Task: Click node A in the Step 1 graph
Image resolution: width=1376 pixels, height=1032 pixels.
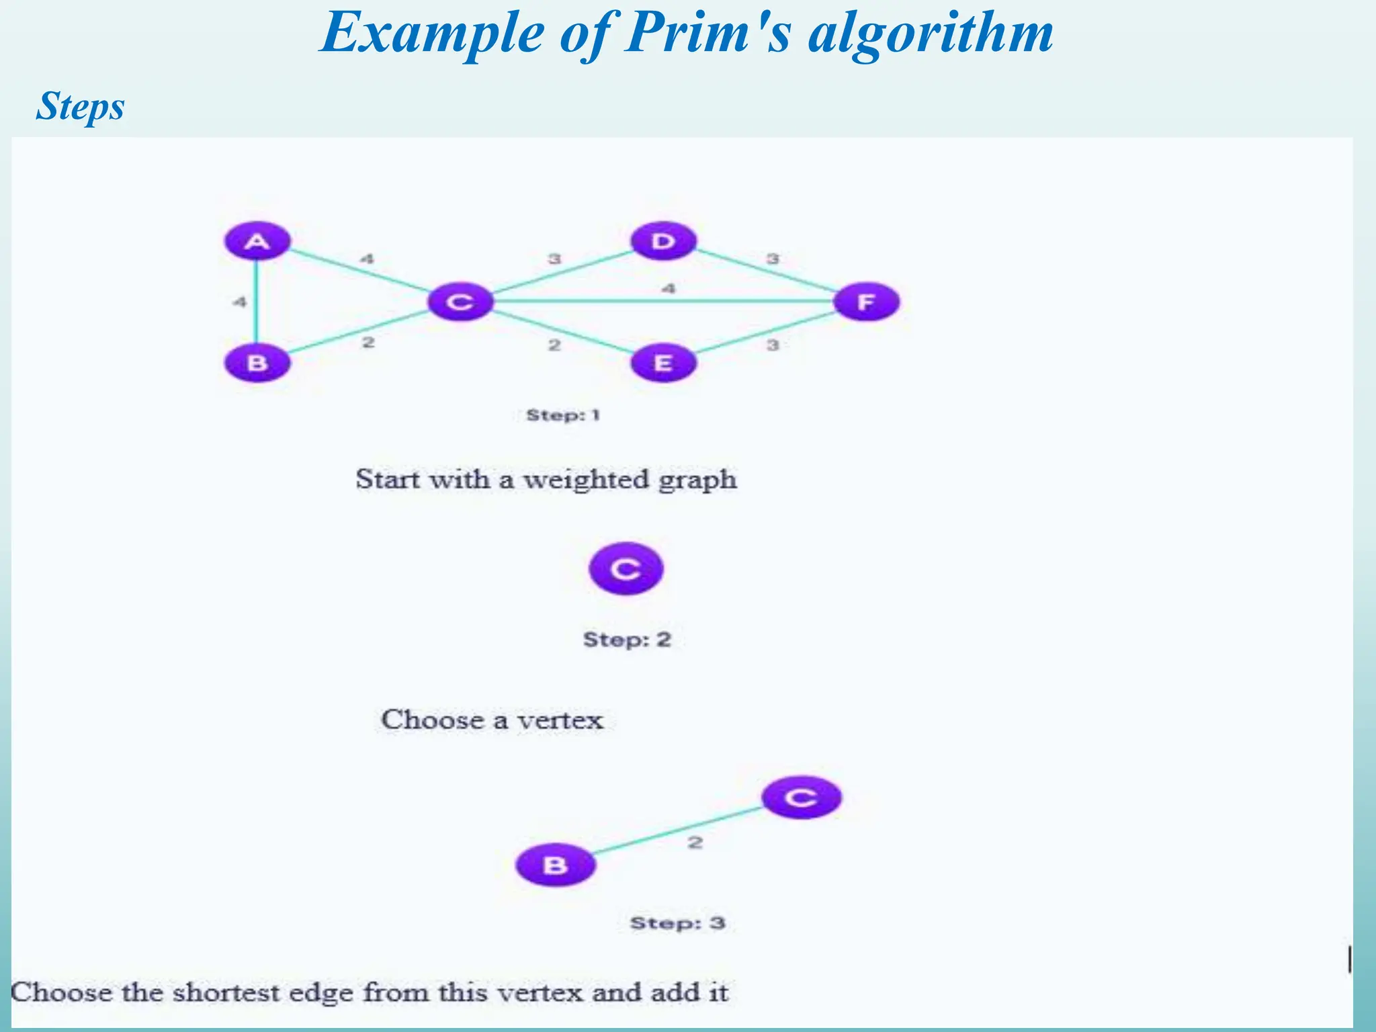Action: tap(257, 241)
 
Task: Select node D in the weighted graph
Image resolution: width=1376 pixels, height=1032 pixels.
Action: tap(663, 241)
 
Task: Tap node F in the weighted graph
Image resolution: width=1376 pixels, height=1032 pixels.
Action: tap(866, 302)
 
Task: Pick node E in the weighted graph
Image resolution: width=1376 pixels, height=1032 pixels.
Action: tap(663, 363)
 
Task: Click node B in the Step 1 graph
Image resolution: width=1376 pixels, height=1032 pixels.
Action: tap(257, 363)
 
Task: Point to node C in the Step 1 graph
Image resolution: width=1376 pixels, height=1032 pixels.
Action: tap(460, 302)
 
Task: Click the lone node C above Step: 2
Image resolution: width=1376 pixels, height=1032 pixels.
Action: tap(626, 569)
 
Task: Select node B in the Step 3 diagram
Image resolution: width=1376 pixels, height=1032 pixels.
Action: tap(555, 865)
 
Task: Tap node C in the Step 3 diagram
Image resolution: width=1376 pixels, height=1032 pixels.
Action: tap(801, 798)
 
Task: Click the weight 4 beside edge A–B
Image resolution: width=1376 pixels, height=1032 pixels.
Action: tap(240, 302)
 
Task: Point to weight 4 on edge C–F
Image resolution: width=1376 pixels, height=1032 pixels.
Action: tap(668, 289)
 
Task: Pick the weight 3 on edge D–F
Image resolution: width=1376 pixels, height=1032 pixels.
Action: tap(773, 259)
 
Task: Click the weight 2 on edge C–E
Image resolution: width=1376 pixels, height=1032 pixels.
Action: tap(554, 345)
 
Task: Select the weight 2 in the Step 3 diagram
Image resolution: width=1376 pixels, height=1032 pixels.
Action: tap(695, 842)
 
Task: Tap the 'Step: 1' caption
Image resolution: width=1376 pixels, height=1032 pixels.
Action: tap(562, 415)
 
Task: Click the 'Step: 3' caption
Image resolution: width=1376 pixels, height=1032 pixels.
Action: tap(677, 923)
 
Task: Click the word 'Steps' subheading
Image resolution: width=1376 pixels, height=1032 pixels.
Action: tap(80, 106)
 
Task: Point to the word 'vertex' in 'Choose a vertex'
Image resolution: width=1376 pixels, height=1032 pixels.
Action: tap(560, 720)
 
